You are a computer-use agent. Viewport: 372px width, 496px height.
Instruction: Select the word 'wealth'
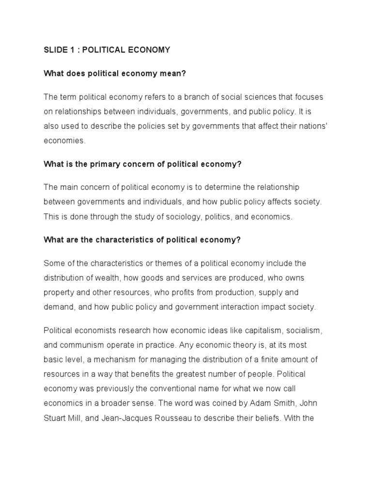coord(99,278)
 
